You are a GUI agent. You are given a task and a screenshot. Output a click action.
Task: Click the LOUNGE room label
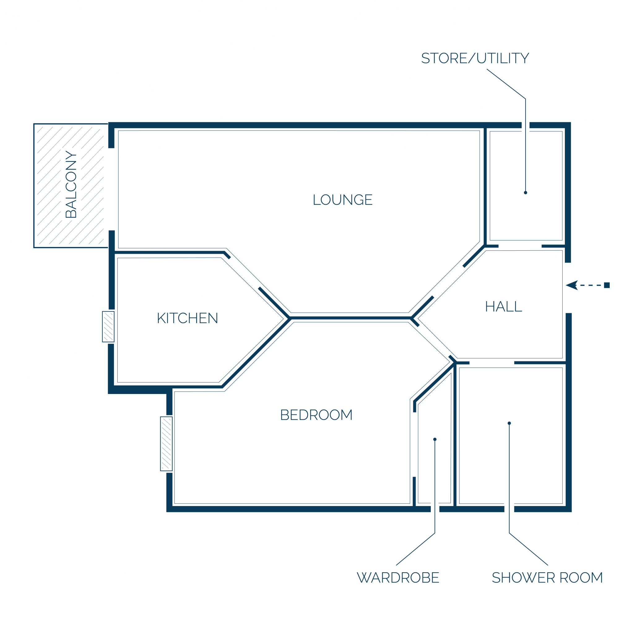coord(343,200)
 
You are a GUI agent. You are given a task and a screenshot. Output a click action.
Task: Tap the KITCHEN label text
coord(188,318)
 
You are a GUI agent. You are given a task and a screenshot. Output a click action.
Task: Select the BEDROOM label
coord(316,415)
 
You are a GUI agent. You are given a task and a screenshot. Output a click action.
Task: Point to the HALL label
coord(504,306)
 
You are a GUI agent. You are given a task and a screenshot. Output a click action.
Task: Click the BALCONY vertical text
coord(71,184)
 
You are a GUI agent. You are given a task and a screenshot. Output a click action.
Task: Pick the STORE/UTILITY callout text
coord(475,58)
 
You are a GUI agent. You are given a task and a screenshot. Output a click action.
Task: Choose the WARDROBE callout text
coord(398,578)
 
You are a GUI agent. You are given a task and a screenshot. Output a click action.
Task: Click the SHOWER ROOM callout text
coord(547,578)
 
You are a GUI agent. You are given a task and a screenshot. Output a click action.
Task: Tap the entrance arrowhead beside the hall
coord(572,285)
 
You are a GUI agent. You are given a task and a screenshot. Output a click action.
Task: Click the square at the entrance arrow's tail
coord(607,285)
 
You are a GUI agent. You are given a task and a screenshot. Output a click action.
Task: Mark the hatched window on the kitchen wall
coord(108,327)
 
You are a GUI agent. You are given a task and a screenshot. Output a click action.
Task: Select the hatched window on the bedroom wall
coord(166,444)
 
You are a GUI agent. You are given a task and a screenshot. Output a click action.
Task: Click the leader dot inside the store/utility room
coord(526,193)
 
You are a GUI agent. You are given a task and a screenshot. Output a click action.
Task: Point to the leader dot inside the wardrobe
coord(435,439)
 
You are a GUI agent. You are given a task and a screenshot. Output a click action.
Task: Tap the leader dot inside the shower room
coord(509,423)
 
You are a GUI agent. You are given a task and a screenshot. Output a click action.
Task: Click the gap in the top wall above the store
coord(526,125)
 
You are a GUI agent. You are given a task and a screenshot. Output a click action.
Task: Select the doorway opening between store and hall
coord(520,246)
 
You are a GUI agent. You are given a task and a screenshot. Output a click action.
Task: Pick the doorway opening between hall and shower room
coord(492,363)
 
